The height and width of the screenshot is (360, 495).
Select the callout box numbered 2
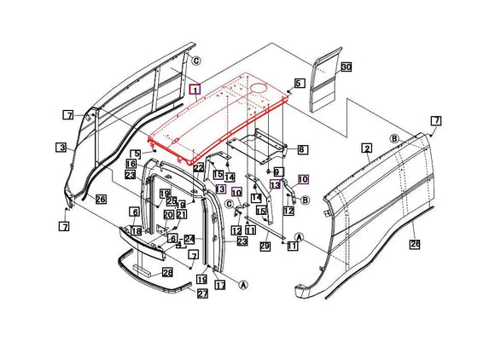tap(367, 148)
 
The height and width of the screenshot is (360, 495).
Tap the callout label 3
tap(62, 148)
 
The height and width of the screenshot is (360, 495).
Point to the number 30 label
tap(346, 67)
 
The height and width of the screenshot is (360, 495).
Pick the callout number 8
tap(302, 149)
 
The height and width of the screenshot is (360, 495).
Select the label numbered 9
tap(277, 172)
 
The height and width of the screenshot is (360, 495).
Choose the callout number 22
tap(198, 168)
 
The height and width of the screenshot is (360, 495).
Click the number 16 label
tap(131, 164)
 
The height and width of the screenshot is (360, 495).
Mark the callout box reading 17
tap(219, 285)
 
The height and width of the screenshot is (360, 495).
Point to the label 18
tap(136, 231)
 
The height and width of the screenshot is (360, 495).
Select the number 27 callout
tap(202, 293)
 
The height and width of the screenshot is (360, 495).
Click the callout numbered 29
tap(265, 246)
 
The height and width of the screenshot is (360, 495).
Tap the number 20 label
tap(168, 214)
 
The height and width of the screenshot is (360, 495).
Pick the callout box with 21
tap(182, 214)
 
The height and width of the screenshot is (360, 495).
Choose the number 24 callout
tap(189, 239)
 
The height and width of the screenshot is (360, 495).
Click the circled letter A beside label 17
tap(243, 284)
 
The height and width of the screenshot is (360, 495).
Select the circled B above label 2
tap(395, 138)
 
